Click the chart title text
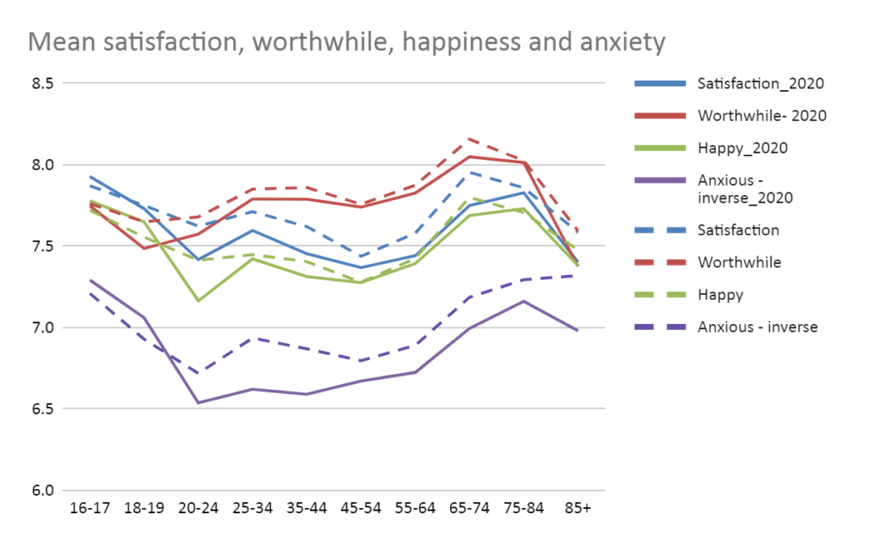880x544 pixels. point(347,40)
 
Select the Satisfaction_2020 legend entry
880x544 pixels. point(761,84)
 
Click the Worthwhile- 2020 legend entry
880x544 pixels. point(762,115)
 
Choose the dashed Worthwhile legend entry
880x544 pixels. point(739,262)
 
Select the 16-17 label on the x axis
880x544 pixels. point(89,509)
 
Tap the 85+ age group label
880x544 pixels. point(577,509)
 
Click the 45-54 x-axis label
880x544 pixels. point(361,509)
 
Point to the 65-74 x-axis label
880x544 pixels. point(469,509)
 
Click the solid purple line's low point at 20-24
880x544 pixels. point(199,403)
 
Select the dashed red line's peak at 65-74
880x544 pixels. point(469,138)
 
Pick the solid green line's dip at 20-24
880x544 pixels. point(199,301)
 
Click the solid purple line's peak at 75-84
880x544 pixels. point(523,301)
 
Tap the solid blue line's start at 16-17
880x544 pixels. point(89,176)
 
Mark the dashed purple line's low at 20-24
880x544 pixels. point(199,373)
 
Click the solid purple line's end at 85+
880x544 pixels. point(577,330)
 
